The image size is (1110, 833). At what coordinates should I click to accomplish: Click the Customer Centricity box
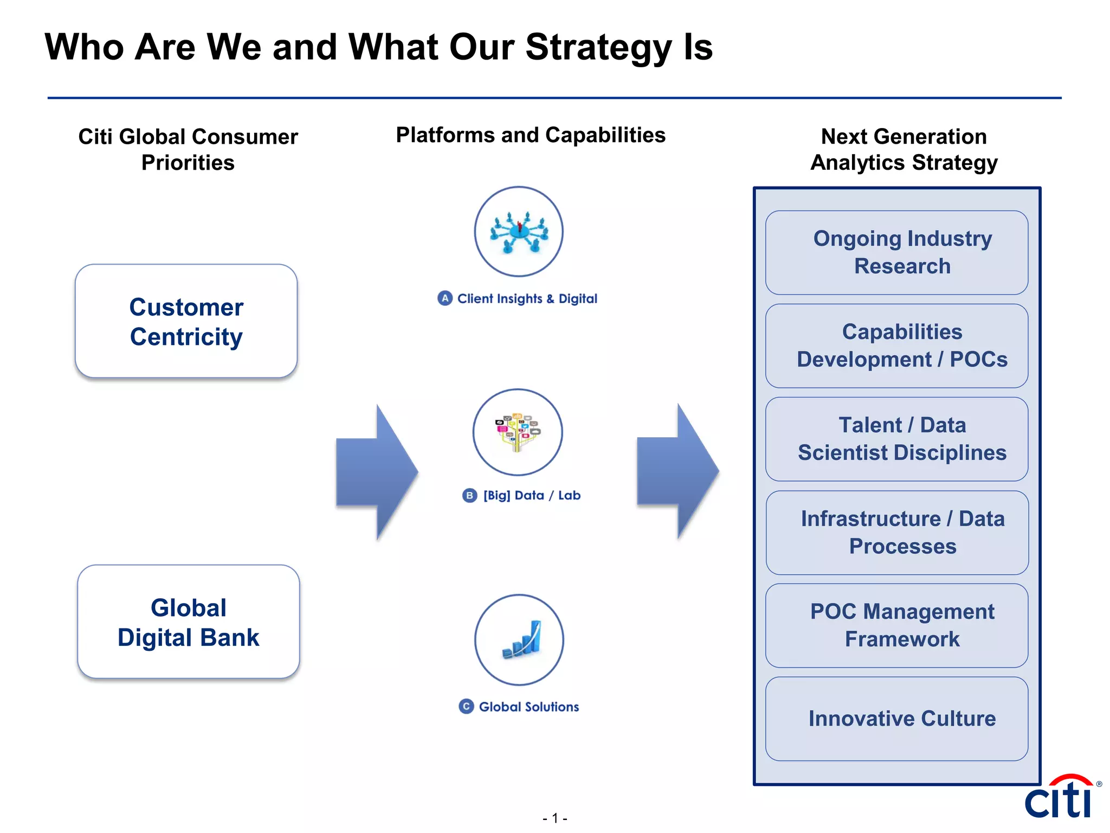click(x=186, y=321)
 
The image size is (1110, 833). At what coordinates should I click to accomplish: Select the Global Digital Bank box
click(x=188, y=621)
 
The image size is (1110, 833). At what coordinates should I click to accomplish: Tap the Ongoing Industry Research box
click(x=896, y=252)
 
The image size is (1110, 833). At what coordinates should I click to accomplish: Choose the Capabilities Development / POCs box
click(x=896, y=345)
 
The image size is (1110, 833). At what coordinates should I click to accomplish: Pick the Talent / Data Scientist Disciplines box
click(x=896, y=439)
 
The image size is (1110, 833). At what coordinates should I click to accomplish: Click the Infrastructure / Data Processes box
click(x=896, y=532)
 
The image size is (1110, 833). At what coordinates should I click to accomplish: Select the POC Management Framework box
click(x=896, y=625)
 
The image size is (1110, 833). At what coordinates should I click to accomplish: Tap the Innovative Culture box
click(x=896, y=719)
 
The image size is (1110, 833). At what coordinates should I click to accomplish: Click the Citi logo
click(x=1060, y=797)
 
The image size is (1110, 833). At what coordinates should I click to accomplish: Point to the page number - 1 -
click(x=554, y=818)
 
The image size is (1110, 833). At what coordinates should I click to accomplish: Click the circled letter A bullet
click(x=445, y=298)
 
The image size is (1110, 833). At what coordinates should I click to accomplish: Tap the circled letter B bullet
click(x=469, y=495)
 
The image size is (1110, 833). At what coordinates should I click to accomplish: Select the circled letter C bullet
click(x=466, y=707)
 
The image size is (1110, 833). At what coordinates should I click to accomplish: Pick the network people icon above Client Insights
click(x=519, y=232)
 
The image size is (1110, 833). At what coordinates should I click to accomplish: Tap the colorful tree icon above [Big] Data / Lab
click(x=518, y=432)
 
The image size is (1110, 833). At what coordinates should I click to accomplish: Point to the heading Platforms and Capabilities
click(x=531, y=135)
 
